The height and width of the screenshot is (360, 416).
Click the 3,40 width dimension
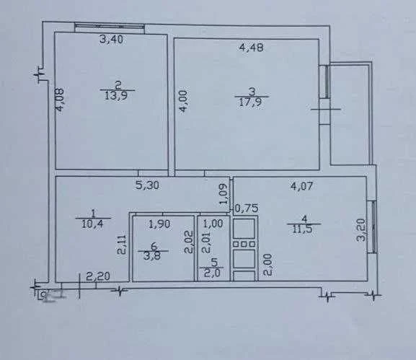point(111,39)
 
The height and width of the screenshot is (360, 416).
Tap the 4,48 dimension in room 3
point(251,48)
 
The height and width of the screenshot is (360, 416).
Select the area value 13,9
point(116,96)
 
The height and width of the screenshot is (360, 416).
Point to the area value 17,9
point(250,102)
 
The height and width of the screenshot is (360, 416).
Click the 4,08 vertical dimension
point(59,100)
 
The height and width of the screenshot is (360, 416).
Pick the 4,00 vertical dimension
point(183,102)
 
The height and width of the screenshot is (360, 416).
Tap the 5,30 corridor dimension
point(147,185)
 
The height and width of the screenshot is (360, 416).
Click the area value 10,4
point(92,224)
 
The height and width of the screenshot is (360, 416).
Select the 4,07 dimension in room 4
point(301,186)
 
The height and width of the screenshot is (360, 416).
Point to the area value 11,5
point(304,229)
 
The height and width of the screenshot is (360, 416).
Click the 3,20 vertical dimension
point(361,229)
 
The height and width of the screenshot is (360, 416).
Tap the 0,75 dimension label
point(247,208)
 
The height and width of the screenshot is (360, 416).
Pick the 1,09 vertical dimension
point(224,194)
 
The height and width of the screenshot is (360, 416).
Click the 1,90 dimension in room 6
point(160,224)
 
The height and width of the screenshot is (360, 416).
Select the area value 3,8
point(153,256)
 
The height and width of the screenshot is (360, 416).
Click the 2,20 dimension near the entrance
point(98,276)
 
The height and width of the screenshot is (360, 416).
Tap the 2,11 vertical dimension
point(122,245)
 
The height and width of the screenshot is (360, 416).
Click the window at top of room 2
point(110,26)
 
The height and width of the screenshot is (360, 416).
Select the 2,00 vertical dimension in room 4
point(267,265)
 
